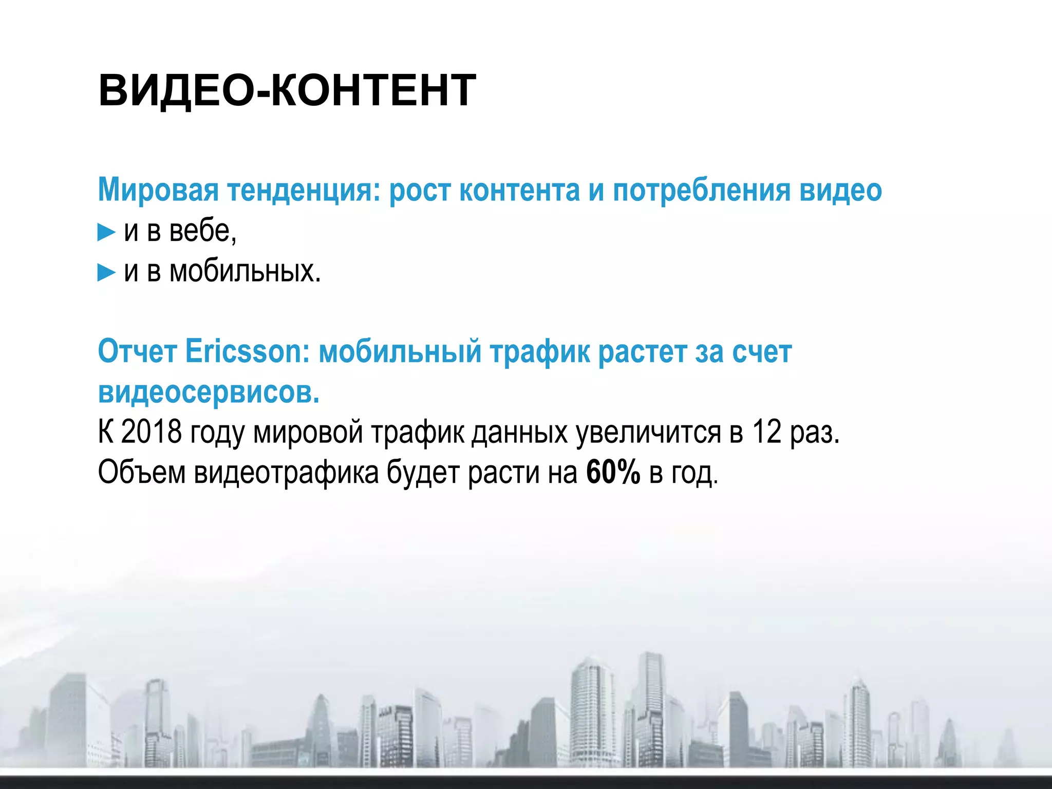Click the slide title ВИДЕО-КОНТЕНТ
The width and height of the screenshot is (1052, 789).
coord(287,90)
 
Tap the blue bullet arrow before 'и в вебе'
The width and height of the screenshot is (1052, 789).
coord(106,233)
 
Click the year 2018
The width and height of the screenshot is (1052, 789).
coord(151,431)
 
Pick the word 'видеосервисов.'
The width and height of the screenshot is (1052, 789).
coord(209,392)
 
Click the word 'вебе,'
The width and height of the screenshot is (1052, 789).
coord(203,231)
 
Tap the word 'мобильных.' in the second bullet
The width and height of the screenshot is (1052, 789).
coord(245,271)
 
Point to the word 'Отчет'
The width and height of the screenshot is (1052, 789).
coord(137,352)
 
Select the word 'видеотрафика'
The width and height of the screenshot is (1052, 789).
coord(286,473)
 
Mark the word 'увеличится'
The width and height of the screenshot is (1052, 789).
coord(648,433)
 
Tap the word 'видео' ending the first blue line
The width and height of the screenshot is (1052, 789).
coord(840,190)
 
